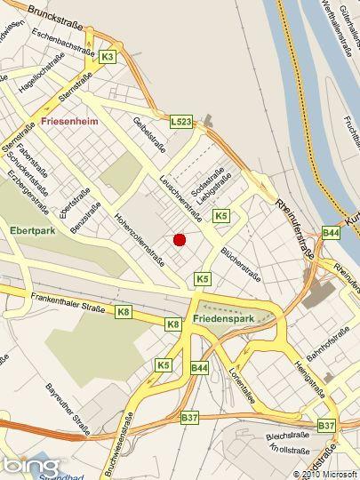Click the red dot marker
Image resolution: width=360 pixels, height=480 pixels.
[x=179, y=239]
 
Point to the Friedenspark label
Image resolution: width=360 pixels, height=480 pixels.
[x=223, y=317]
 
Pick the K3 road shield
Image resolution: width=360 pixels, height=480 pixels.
[x=108, y=57]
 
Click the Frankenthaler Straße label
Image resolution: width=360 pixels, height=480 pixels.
[x=68, y=303]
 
